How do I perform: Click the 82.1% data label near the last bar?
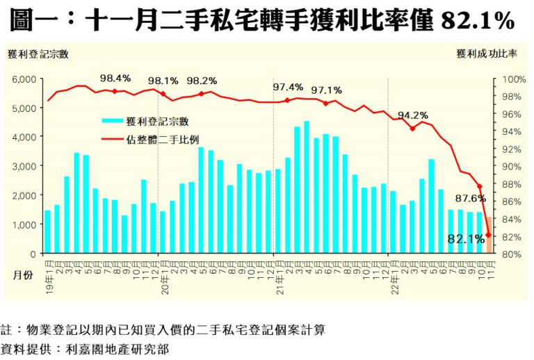click(x=466, y=239)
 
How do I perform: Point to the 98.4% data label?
click(x=115, y=78)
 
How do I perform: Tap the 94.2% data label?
click(x=413, y=115)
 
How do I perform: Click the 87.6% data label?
click(x=471, y=198)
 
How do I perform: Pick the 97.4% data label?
click(x=288, y=87)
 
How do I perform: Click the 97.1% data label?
click(x=326, y=90)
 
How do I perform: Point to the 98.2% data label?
click(x=202, y=80)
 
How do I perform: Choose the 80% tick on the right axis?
click(x=511, y=254)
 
